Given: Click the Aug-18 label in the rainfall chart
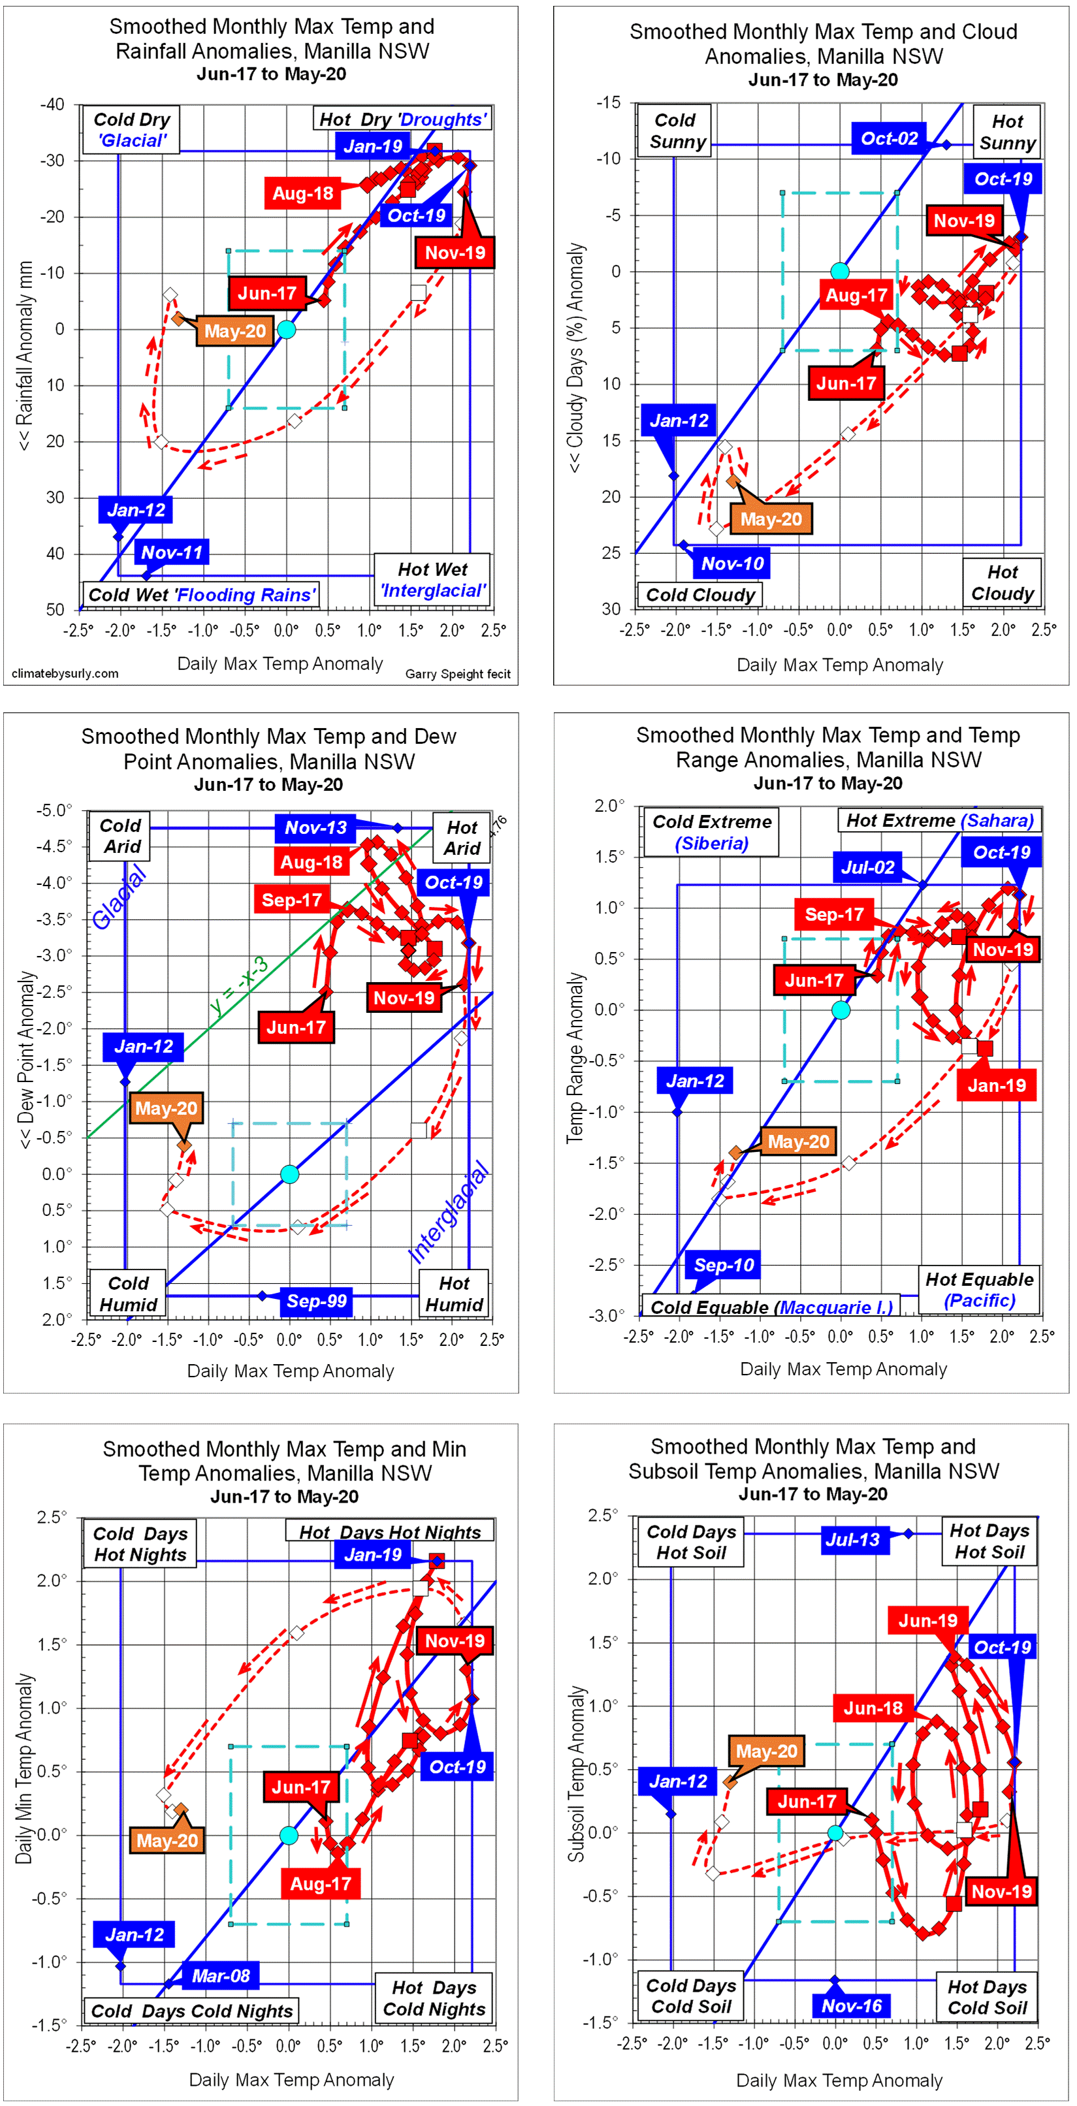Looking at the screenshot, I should pos(302,194).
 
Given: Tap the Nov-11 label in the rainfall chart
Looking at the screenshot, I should pos(172,552).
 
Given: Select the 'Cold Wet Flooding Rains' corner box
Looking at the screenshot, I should pos(201,594).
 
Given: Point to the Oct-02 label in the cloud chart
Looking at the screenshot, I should pos(889,138).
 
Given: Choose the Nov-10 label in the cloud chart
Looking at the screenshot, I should pos(732,564).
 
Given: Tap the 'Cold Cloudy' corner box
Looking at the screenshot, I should pos(700,594).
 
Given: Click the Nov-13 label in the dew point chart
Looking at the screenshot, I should pos(315,827).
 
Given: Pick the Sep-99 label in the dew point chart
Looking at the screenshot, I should pos(317,1301).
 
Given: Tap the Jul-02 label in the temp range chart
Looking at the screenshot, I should pos(867,867).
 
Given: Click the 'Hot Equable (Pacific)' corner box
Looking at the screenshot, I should pos(979,1289).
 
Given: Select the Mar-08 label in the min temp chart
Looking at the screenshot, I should pos(221,1975).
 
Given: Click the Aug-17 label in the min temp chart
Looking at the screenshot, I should pos(321,1883).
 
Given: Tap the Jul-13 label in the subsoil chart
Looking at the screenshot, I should pos(852,1539).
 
